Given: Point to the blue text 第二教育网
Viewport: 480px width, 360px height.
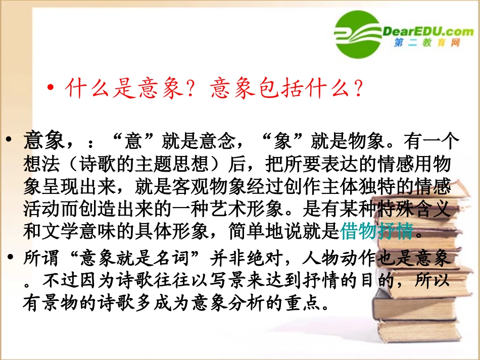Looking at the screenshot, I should point(427,44).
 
